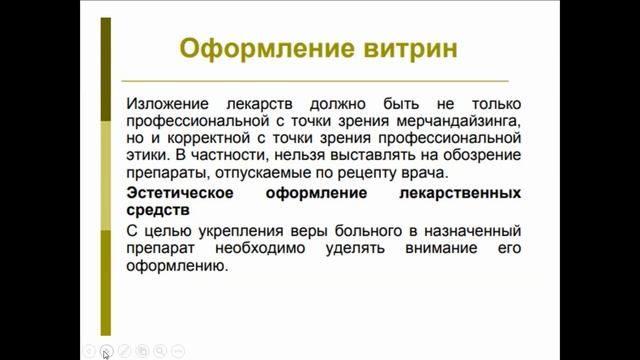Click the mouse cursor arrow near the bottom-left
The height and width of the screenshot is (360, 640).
click(105, 353)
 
